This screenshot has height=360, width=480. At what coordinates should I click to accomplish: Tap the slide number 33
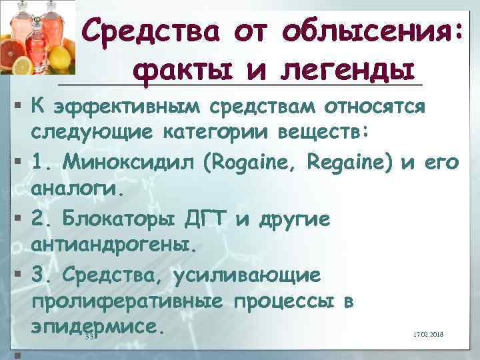(91, 337)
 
